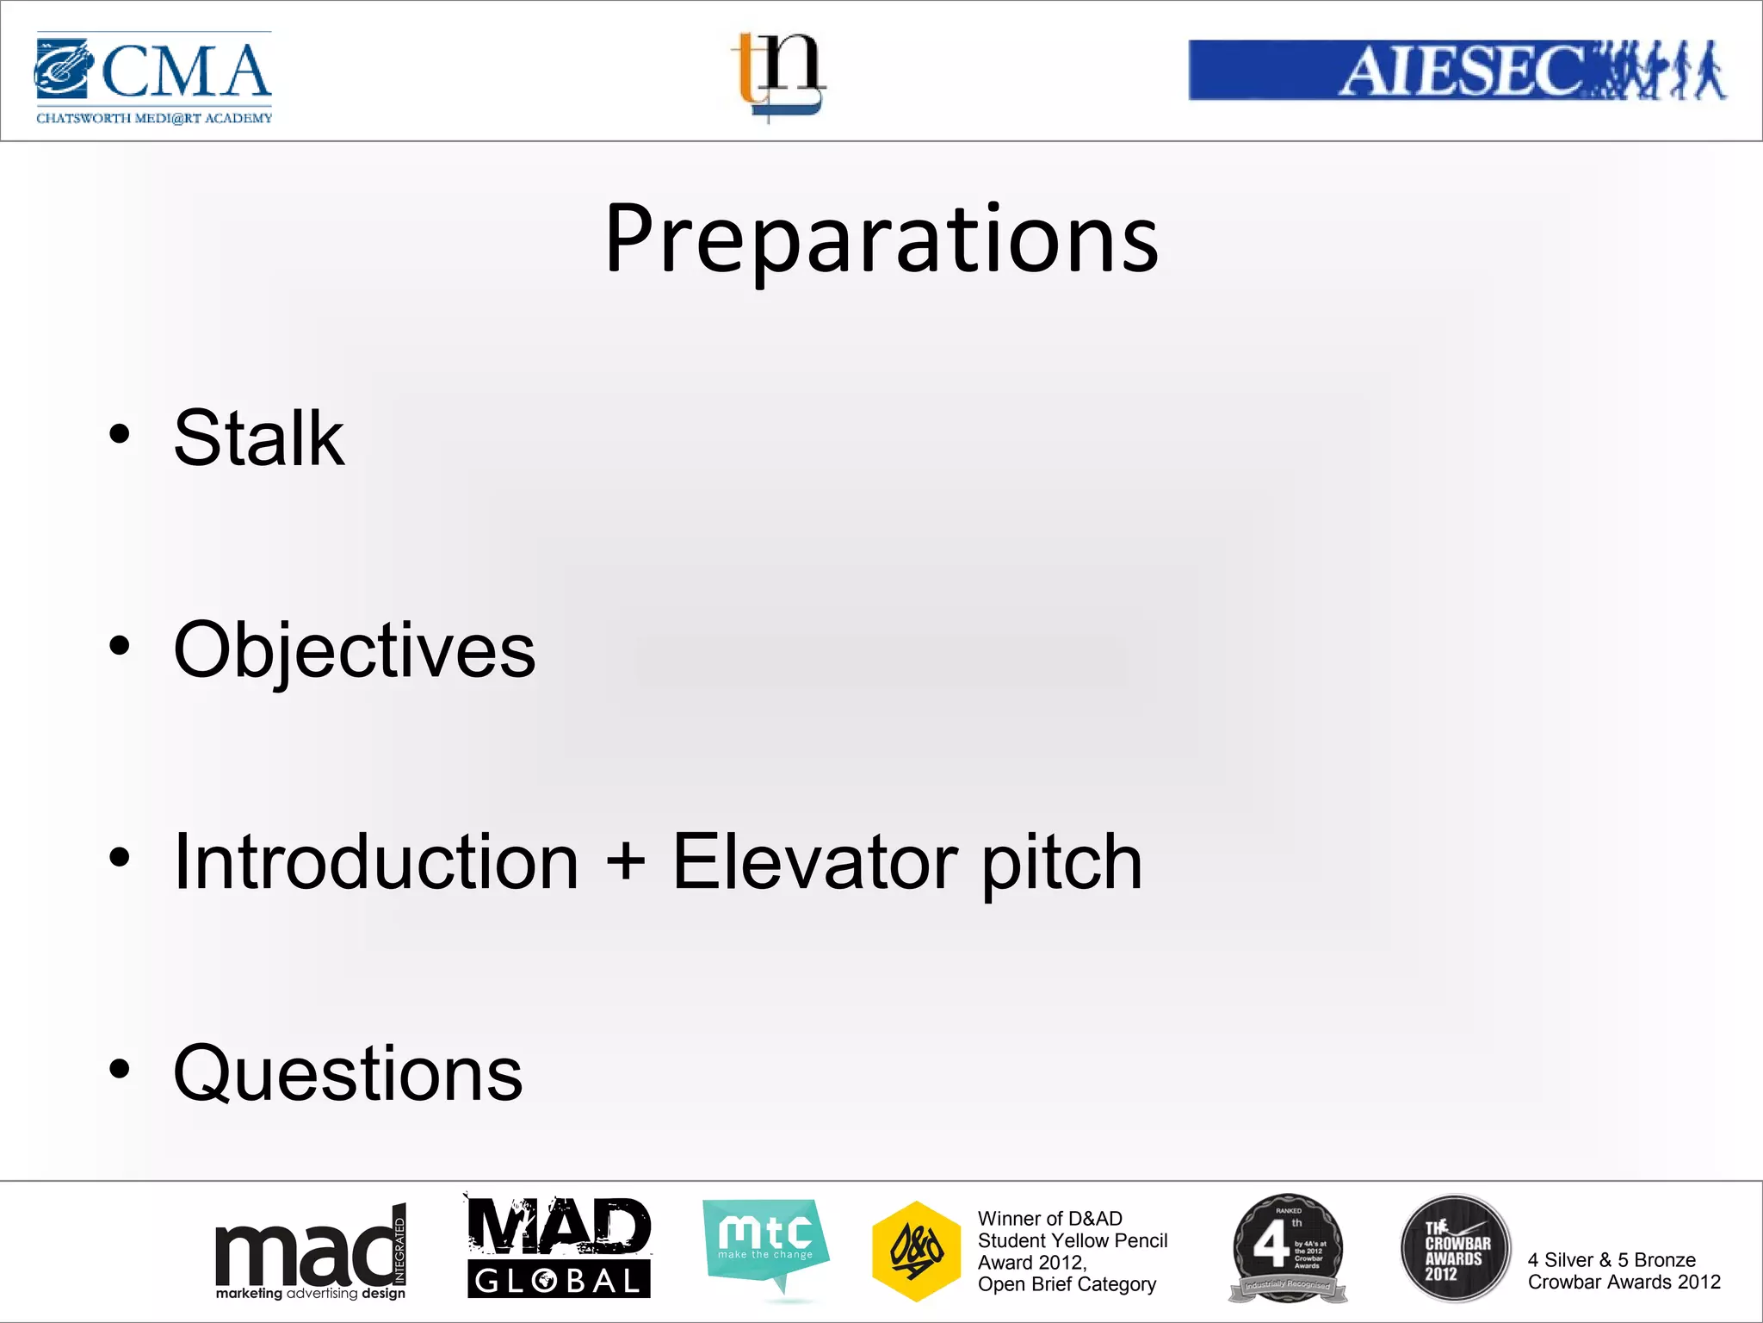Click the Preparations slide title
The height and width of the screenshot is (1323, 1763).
(x=881, y=239)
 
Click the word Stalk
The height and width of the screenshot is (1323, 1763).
(x=258, y=439)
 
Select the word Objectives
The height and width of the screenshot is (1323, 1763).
(x=354, y=651)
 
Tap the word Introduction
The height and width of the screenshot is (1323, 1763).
(x=376, y=862)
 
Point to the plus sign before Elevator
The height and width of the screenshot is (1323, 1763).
(x=626, y=862)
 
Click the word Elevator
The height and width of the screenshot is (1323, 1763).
(x=814, y=862)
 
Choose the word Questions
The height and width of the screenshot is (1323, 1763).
(x=348, y=1074)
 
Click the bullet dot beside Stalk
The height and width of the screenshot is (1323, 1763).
(x=120, y=433)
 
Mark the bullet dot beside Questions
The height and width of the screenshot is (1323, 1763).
(x=120, y=1069)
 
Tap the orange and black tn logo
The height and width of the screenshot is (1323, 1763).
(x=779, y=76)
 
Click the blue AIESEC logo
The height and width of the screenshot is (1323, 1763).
(x=1457, y=71)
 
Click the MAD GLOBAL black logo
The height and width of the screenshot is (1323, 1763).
(x=559, y=1248)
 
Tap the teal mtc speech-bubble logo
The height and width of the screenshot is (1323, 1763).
(x=765, y=1243)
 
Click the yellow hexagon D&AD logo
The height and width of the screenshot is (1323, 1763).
(x=916, y=1251)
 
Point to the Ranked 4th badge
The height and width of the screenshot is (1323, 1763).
(x=1287, y=1247)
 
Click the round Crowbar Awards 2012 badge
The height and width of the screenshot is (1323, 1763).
(x=1455, y=1247)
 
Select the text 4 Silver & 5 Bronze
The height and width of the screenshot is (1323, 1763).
(x=1611, y=1260)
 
